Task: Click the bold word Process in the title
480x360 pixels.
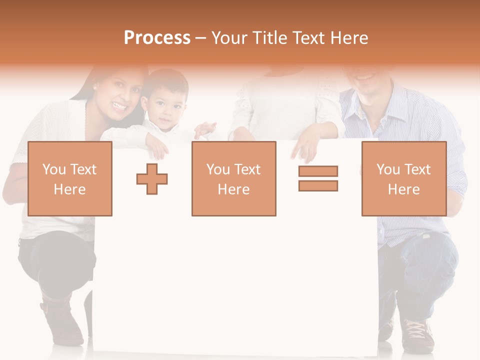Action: [157, 38]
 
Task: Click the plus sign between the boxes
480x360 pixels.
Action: [152, 179]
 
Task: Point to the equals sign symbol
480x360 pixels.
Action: [318, 178]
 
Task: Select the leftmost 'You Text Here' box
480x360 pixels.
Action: [70, 179]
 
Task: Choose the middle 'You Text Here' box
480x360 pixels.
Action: [234, 179]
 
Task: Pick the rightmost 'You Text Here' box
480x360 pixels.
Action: [404, 179]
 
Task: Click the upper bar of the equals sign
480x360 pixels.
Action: [318, 171]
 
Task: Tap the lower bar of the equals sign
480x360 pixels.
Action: [318, 185]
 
